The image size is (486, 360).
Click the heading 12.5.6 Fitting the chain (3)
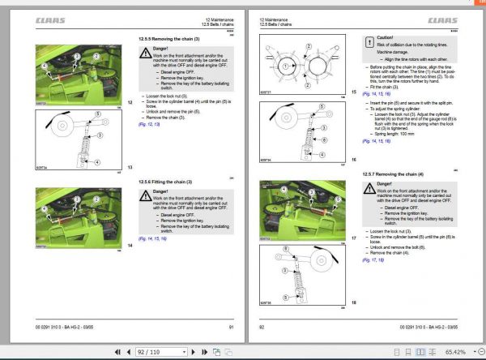(x=168, y=182)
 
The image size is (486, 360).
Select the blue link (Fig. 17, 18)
(x=373, y=259)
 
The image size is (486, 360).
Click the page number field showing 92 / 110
(x=156, y=352)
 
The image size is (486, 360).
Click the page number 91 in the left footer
(x=231, y=326)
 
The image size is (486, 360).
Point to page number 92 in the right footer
(x=262, y=326)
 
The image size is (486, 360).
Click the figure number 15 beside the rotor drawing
(x=352, y=92)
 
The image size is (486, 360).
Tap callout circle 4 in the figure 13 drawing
(x=96, y=161)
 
